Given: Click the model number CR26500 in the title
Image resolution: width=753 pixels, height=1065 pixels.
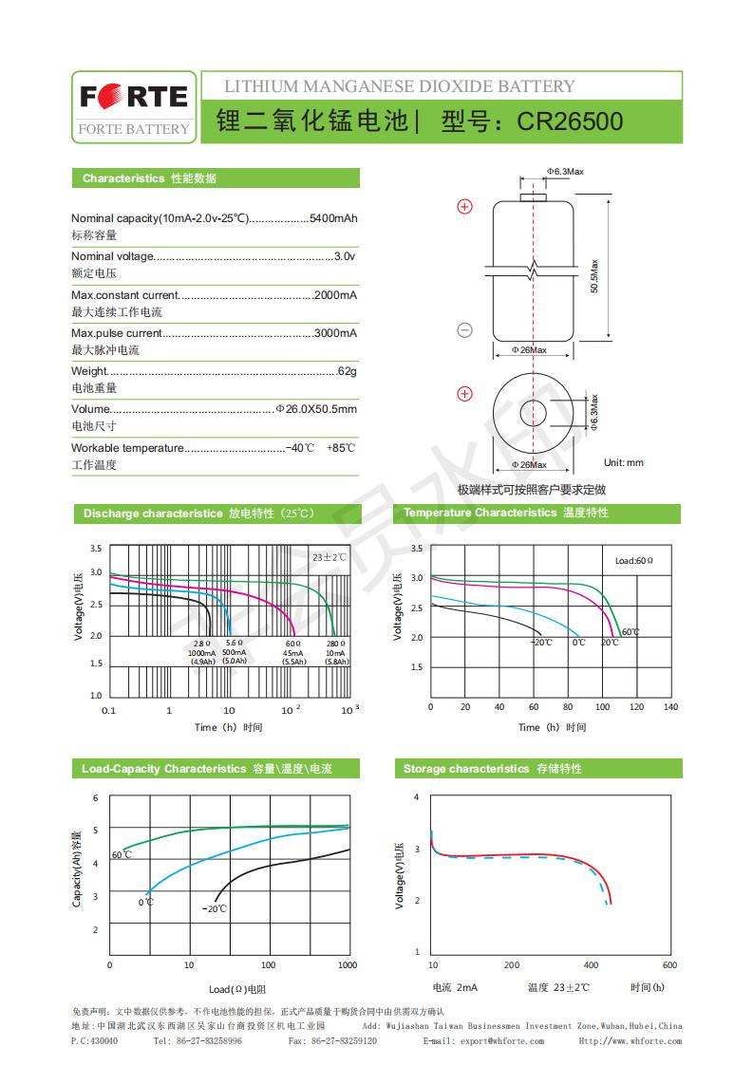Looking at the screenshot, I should point(570,122).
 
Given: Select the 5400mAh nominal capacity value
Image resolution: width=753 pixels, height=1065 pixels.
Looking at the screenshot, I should point(333,218).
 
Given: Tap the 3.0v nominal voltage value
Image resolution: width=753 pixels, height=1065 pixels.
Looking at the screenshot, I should point(346,256).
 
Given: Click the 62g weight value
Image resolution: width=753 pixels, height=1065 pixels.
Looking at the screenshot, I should point(347,371).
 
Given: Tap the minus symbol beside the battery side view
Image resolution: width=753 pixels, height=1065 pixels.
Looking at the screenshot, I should point(465,330).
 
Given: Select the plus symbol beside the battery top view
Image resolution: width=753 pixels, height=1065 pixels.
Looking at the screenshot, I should point(465,394).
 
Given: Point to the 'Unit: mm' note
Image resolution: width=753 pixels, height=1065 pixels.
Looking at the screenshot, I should point(623,462).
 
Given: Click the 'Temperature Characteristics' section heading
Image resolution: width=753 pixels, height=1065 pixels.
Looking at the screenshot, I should point(480,513).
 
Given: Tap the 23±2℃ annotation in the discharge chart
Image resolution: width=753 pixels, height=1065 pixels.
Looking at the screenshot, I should point(329,557).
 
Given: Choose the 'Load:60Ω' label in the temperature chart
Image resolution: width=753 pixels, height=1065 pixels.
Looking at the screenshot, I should point(634,561).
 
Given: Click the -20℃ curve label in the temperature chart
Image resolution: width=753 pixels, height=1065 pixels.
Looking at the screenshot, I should point(540,643).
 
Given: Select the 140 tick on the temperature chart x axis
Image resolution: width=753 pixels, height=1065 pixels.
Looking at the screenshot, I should point(670,707).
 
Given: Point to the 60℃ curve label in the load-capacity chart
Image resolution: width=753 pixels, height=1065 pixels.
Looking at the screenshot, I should point(122,855).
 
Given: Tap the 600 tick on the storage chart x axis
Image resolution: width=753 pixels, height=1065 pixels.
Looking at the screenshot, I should point(669,965).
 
